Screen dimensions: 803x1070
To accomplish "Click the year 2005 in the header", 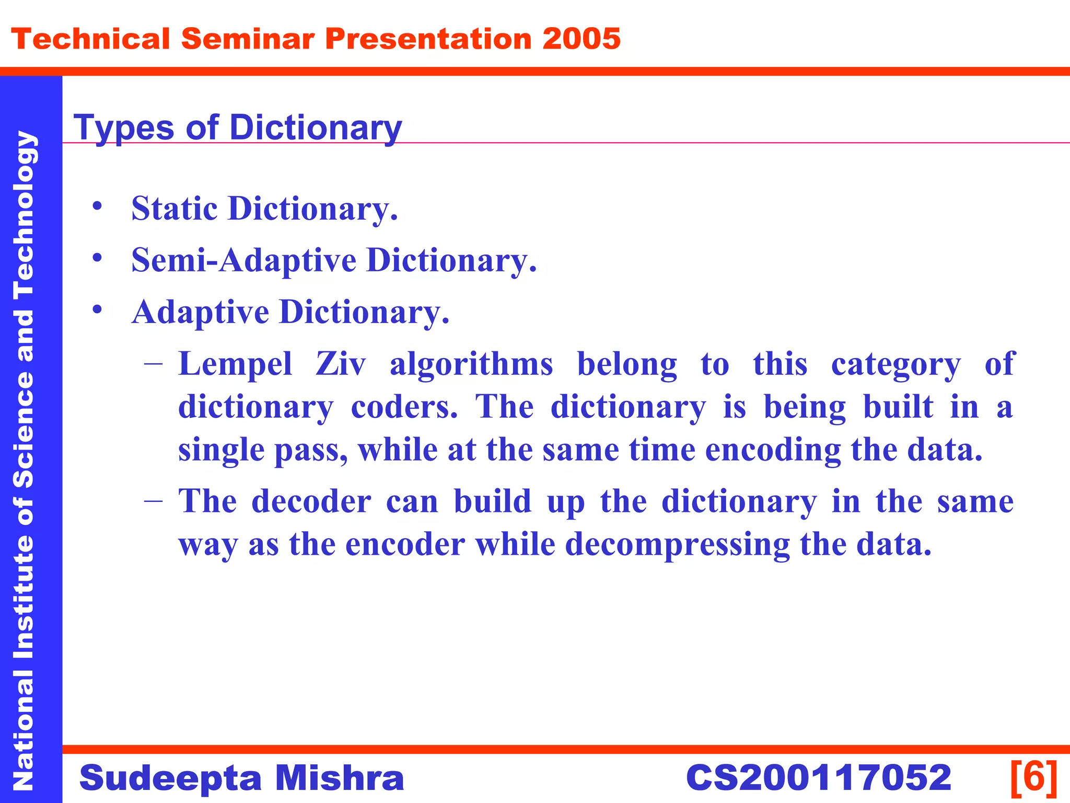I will click(x=581, y=39).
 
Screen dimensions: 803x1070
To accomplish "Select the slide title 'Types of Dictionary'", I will click(x=238, y=128).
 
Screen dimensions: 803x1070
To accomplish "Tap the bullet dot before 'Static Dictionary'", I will click(x=97, y=206).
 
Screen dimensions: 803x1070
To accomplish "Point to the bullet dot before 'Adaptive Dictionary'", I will click(x=97, y=309).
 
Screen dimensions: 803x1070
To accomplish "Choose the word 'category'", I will click(x=895, y=365).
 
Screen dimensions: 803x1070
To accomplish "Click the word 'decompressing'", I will click(x=678, y=545).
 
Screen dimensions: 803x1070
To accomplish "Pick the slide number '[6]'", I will click(x=1034, y=777).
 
